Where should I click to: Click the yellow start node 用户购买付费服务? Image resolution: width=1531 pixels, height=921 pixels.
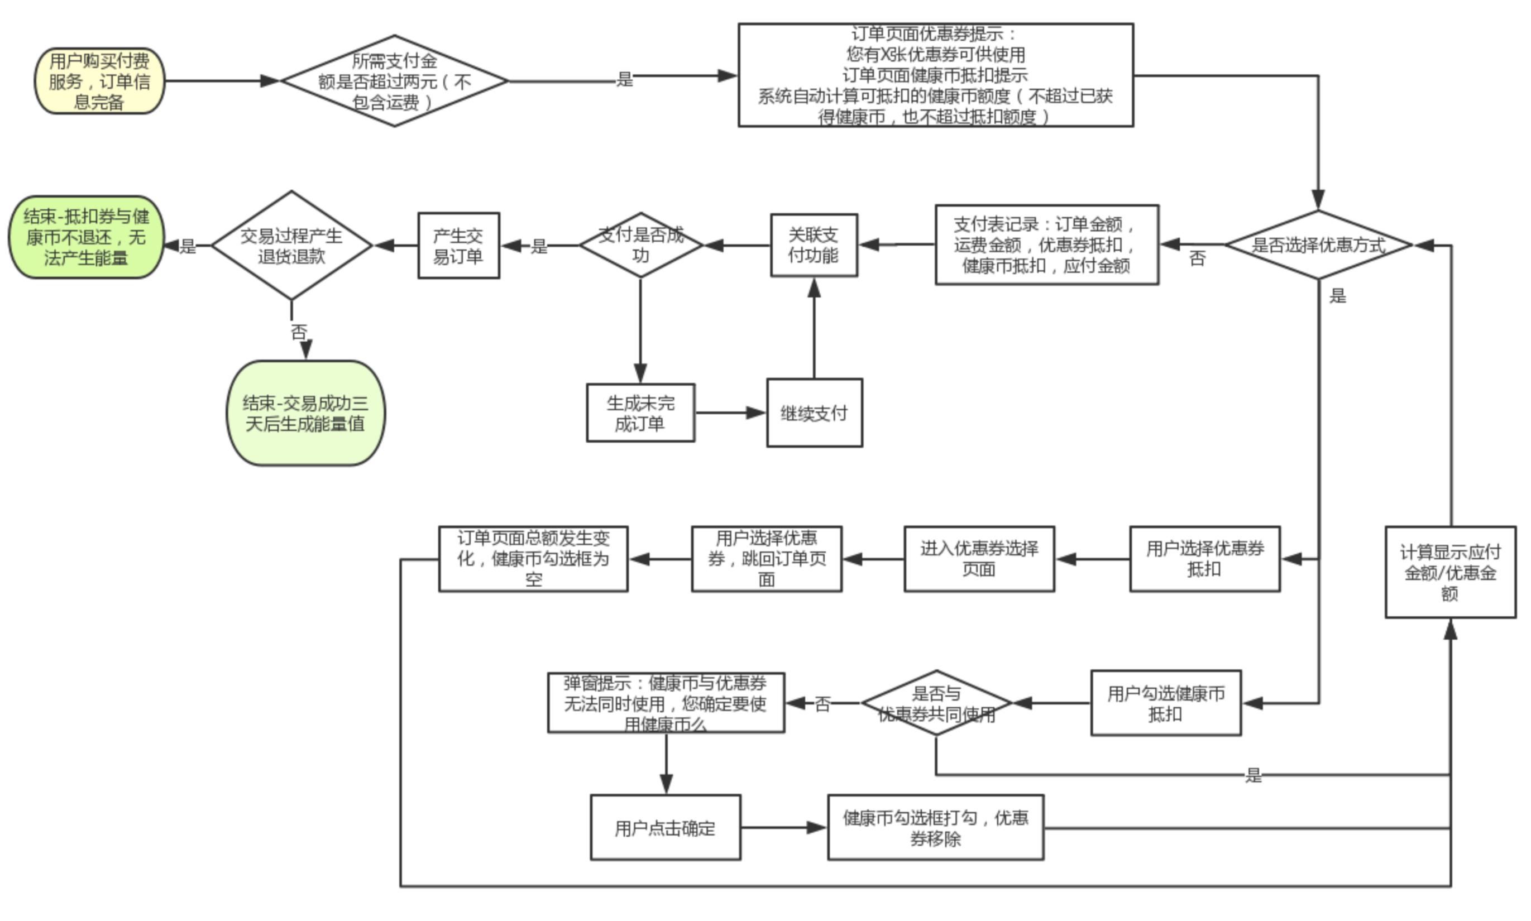(99, 81)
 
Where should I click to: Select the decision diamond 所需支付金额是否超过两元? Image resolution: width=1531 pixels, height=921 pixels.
(394, 81)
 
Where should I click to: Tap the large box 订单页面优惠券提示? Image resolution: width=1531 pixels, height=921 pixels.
(935, 75)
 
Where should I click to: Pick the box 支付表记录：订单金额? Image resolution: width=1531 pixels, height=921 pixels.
(1046, 244)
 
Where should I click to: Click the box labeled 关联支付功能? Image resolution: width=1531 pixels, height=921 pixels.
(814, 245)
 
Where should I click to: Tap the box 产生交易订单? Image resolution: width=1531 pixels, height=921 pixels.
(458, 246)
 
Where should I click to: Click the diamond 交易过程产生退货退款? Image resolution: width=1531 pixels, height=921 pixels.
(291, 245)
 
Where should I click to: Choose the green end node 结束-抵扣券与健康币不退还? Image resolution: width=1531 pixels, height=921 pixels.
(87, 237)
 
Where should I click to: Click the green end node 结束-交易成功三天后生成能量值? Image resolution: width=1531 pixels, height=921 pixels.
(305, 413)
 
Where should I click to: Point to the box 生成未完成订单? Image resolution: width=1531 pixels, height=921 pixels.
(640, 412)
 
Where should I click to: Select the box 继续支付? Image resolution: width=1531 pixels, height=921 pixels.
(814, 412)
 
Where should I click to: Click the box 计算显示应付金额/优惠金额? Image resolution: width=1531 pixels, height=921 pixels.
(1449, 572)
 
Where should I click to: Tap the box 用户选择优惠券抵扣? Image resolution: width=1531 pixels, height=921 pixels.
(1204, 559)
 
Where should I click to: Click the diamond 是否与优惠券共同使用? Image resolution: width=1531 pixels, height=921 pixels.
(936, 703)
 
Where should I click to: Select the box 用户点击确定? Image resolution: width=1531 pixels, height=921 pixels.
(665, 827)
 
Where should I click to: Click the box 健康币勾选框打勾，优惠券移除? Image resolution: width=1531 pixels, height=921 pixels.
(935, 827)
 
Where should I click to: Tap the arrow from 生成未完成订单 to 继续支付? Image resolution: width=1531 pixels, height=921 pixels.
(730, 412)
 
